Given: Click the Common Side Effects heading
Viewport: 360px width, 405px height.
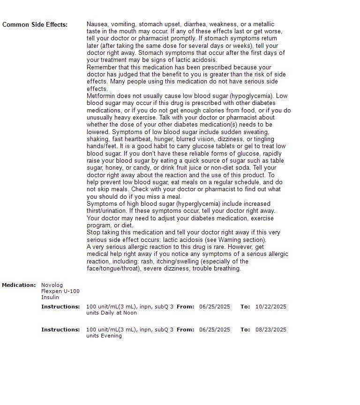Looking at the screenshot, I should [x=35, y=24].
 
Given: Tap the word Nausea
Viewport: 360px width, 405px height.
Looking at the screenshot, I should [x=97, y=24].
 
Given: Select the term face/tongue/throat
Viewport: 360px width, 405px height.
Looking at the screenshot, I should [x=113, y=269].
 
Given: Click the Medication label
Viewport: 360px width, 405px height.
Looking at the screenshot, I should [x=19, y=285].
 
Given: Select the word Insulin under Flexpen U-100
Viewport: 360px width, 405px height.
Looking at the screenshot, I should [x=50, y=297].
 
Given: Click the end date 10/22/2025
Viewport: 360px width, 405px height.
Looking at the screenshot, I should [x=270, y=307].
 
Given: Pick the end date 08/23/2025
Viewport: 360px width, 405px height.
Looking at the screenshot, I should [x=270, y=330].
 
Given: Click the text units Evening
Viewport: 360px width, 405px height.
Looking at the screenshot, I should [x=104, y=336].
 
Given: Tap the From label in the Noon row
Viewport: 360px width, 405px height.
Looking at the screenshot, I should [x=185, y=307].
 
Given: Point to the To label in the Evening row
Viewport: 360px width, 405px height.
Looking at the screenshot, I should [x=245, y=330].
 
